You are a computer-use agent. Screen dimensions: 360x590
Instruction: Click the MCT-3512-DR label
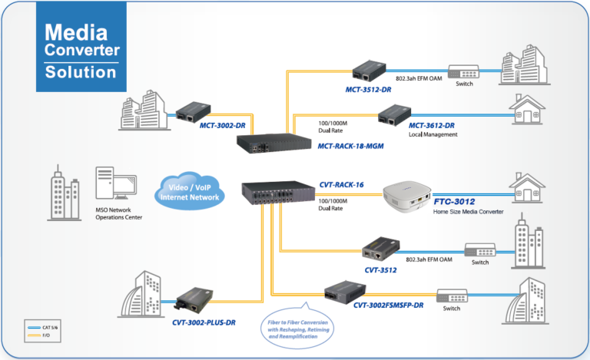coord(368,89)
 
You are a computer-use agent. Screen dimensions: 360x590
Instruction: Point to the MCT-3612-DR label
coord(431,125)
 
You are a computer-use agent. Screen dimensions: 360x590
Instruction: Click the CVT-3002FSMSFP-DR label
coord(388,305)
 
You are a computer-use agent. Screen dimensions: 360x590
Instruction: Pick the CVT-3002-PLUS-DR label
coord(204,322)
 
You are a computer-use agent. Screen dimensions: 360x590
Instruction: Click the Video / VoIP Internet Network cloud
coord(189,192)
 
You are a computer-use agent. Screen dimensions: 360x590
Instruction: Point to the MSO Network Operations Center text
coord(119,213)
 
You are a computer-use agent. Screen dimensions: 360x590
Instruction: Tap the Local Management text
coord(433,134)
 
